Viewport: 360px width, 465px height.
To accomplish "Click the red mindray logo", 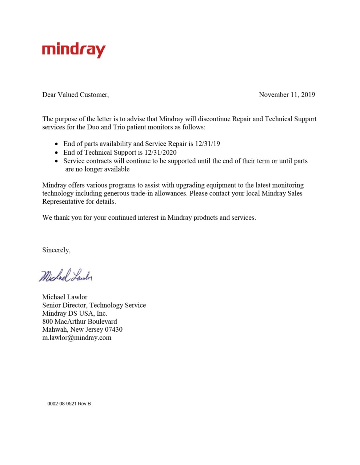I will [74, 50].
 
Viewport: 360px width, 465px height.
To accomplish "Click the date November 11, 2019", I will [287, 95].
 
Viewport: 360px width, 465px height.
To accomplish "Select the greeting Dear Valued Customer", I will [75, 95].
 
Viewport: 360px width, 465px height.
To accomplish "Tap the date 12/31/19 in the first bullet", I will [207, 143].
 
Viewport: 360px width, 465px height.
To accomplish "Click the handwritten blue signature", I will [66, 276].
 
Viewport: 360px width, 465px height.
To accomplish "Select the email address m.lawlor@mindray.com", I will [77, 338].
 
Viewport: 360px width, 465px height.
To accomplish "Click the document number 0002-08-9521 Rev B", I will [69, 404].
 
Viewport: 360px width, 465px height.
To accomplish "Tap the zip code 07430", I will [113, 329].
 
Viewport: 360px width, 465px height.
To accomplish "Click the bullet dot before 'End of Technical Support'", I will [56, 153].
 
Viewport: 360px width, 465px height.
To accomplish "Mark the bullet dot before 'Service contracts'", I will [56, 161].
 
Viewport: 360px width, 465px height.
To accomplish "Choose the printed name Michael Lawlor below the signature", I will [65, 297].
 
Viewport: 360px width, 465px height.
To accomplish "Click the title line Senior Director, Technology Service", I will [94, 305].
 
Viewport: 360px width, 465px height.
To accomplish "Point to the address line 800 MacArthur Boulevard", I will [80, 322].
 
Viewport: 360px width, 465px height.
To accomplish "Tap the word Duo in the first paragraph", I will [93, 127].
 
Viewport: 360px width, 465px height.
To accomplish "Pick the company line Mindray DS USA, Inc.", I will [75, 313].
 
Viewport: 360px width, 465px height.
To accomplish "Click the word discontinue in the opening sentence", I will [214, 119].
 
